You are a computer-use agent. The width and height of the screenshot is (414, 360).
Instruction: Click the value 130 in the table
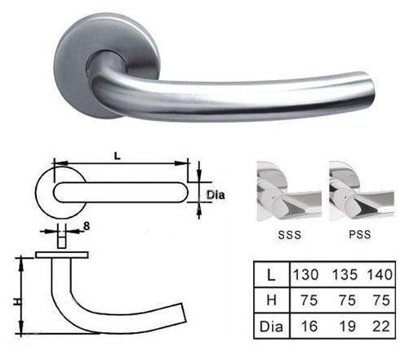305,274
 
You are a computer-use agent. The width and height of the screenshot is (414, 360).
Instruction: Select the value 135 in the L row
345,274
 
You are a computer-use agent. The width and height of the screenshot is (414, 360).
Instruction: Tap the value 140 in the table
380,274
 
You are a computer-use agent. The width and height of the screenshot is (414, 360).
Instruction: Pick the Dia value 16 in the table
309,327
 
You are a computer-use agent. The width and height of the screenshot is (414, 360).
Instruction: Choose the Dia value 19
348,327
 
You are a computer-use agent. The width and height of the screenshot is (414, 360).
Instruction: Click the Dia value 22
381,327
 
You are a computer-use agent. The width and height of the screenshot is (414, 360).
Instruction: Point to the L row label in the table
271,275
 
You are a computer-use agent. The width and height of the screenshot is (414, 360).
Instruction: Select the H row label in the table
272,300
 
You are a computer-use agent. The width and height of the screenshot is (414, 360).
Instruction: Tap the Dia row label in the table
271,327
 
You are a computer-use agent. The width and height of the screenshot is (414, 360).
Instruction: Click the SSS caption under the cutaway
290,234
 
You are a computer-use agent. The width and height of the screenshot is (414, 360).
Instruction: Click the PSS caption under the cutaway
360,234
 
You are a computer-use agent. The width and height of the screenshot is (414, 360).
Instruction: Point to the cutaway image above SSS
289,191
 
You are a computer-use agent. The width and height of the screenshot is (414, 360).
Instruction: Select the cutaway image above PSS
362,191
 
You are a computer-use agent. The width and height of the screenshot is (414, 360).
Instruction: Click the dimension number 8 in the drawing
87,226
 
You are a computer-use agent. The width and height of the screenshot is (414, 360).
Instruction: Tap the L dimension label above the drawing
117,156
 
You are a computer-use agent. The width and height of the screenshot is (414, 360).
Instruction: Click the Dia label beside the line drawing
216,195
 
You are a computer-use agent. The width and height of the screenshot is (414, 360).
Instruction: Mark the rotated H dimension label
17,302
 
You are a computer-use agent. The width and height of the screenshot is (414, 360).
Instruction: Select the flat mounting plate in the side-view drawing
62,255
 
